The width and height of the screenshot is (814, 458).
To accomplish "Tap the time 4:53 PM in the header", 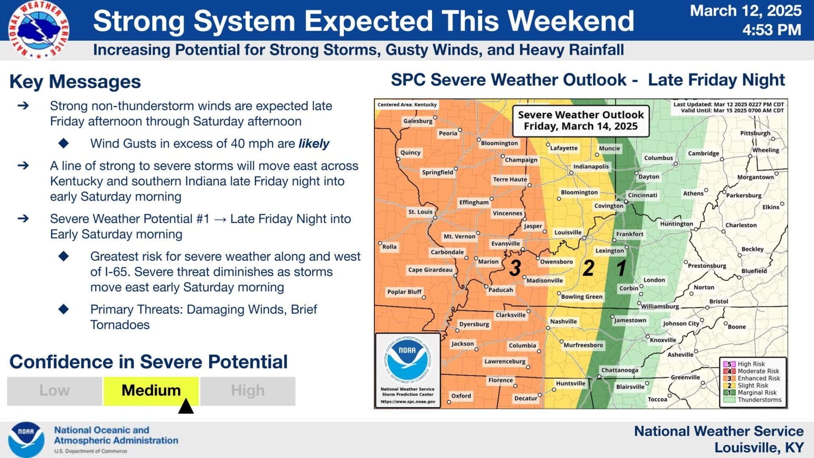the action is pos(772,30).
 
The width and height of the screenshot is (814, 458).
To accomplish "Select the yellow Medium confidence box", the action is pos(151,391).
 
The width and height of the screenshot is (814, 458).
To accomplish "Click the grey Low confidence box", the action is pos(55,391).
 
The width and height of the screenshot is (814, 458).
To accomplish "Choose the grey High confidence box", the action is pos(248,391).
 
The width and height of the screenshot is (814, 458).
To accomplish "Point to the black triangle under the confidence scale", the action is pos(186,406).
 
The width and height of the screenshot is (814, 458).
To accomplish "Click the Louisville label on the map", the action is pos(568,232).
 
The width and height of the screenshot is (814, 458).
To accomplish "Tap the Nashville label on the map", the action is pos(563,321).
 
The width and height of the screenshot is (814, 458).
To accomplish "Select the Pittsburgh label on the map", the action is pos(755,133).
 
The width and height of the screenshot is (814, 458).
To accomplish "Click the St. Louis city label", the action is pos(421,212).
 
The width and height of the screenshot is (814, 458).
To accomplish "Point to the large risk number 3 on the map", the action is pos(515,268).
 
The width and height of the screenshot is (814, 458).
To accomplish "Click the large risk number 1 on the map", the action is pos(621,268).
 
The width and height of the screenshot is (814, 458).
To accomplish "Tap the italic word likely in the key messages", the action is pos(314,144).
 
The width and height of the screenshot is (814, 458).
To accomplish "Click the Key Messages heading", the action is pos(75,82).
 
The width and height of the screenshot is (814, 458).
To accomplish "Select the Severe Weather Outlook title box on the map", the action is pos(581,121).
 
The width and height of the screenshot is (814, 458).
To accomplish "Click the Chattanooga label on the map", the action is pos(619,370).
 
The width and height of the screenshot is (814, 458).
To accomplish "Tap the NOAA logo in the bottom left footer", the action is pos(26,440).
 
